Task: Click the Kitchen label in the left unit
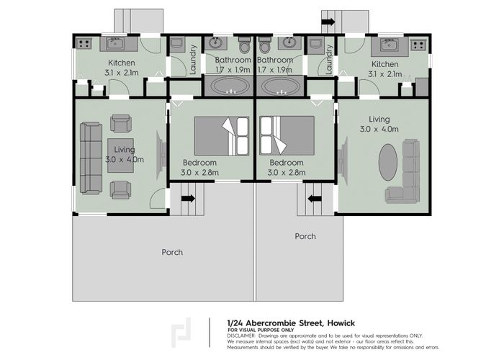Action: [x=122, y=63]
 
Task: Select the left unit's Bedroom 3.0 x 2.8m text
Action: [x=199, y=168]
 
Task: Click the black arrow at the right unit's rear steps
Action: [x=328, y=22]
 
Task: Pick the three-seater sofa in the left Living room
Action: [x=90, y=158]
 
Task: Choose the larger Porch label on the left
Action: [x=172, y=252]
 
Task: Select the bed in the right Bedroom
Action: [x=287, y=136]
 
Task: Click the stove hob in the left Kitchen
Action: [x=84, y=44]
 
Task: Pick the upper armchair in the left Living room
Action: [x=120, y=123]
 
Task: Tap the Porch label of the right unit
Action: [x=305, y=236]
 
